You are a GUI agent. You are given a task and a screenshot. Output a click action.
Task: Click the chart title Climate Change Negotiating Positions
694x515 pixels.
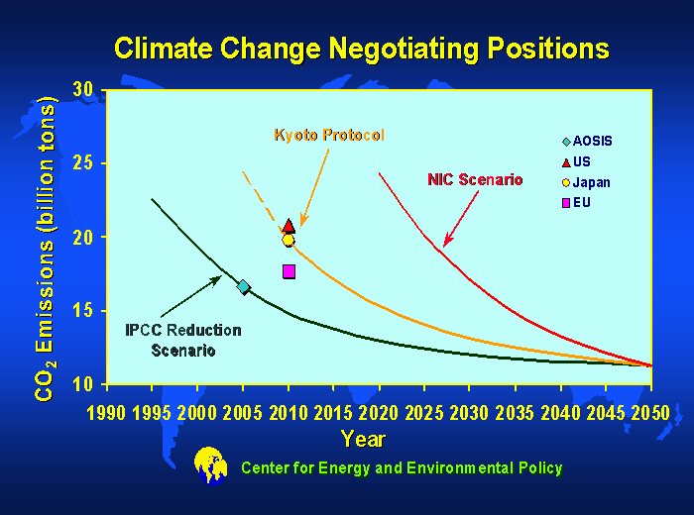click(x=361, y=49)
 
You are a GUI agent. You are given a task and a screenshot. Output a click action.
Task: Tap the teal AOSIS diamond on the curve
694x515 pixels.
click(x=243, y=287)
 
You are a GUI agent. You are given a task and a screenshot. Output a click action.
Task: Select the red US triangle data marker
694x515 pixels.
click(x=289, y=226)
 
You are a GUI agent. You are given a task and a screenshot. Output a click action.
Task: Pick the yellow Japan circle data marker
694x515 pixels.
click(x=289, y=240)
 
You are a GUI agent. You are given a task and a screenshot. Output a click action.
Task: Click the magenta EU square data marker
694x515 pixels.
click(x=289, y=271)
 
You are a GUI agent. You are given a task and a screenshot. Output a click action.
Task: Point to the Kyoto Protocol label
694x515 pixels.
click(x=329, y=135)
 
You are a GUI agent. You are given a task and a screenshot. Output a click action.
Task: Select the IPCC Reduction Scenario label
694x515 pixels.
click(x=183, y=340)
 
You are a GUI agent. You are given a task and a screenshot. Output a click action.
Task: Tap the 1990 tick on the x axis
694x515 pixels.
click(x=105, y=410)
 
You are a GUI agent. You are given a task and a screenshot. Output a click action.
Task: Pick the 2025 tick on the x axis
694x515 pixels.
click(x=423, y=410)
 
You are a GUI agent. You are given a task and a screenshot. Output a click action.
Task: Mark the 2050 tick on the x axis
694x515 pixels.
click(x=650, y=410)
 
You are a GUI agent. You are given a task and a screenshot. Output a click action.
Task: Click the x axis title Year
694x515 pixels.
click(x=363, y=438)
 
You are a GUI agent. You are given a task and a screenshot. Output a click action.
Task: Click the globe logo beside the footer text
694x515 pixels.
click(x=210, y=465)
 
